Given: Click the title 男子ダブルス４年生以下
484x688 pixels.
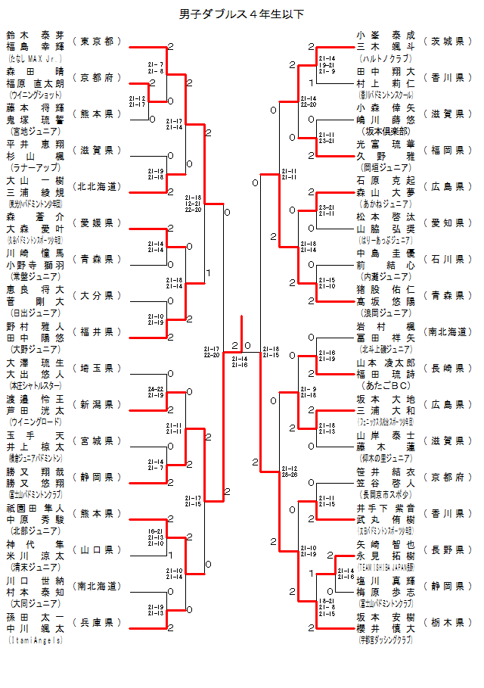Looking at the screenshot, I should coord(242,14).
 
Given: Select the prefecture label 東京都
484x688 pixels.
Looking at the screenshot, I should coord(97,41).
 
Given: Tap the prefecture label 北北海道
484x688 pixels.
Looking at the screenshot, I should coord(97,186).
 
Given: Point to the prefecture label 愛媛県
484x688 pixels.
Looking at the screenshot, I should coord(97,223).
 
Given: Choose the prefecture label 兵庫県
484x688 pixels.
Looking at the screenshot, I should coord(97,622).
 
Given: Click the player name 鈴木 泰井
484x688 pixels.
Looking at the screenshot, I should coord(35,35).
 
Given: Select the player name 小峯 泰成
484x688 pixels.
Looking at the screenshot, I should coord(386,35).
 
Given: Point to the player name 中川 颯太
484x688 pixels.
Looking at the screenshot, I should coord(35,628).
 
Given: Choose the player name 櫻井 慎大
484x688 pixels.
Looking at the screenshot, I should coord(386,628).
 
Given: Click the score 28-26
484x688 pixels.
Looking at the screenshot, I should coord(288,474).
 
